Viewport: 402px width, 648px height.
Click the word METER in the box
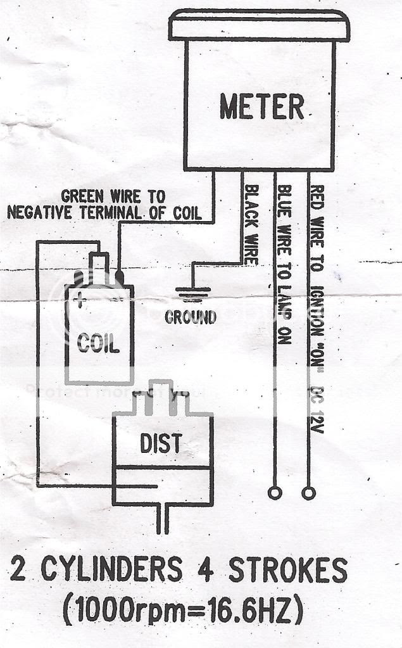coord(261,106)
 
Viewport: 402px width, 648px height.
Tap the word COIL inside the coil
coord(98,344)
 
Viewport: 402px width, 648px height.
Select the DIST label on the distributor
coord(161,443)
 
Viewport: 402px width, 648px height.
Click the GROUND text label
coord(190,317)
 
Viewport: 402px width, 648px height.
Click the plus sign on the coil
coord(80,300)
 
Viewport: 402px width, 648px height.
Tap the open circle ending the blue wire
coord(275,492)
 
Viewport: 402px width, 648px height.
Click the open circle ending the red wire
coord(308,492)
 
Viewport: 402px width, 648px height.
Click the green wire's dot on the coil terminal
coord(120,277)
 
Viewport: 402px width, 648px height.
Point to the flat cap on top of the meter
coord(258,25)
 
